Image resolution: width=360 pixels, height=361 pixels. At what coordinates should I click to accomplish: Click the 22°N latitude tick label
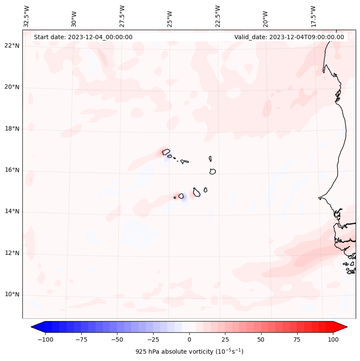click(12, 46)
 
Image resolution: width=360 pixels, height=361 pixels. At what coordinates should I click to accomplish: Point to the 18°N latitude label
click(12, 129)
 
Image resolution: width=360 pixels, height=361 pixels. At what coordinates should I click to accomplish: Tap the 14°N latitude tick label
click(12, 212)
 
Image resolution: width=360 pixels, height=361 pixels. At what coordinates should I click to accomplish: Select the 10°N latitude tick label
click(12, 295)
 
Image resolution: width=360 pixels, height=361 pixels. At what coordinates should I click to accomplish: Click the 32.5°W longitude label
click(26, 16)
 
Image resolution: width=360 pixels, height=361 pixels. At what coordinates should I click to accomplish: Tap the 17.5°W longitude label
click(313, 16)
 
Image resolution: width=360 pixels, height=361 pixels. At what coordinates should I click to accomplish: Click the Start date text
click(83, 37)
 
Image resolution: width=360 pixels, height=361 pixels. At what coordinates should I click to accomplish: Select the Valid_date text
click(289, 37)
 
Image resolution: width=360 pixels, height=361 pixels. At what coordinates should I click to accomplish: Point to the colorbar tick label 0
click(189, 339)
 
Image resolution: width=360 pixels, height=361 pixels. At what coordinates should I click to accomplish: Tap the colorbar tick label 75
click(297, 339)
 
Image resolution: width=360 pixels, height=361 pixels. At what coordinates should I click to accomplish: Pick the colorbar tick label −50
click(117, 339)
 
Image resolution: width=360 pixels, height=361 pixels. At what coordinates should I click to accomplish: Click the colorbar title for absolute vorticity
click(189, 352)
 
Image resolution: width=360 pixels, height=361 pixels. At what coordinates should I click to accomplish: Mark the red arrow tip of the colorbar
click(347, 327)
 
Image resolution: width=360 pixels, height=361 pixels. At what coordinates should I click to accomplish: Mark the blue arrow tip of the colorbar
click(32, 327)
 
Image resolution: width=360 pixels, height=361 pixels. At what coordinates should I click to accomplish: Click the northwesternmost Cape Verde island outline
click(166, 151)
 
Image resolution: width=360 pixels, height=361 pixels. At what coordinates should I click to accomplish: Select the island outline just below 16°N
click(212, 171)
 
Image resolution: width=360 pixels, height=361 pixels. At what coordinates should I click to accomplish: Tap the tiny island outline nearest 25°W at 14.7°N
click(175, 198)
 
